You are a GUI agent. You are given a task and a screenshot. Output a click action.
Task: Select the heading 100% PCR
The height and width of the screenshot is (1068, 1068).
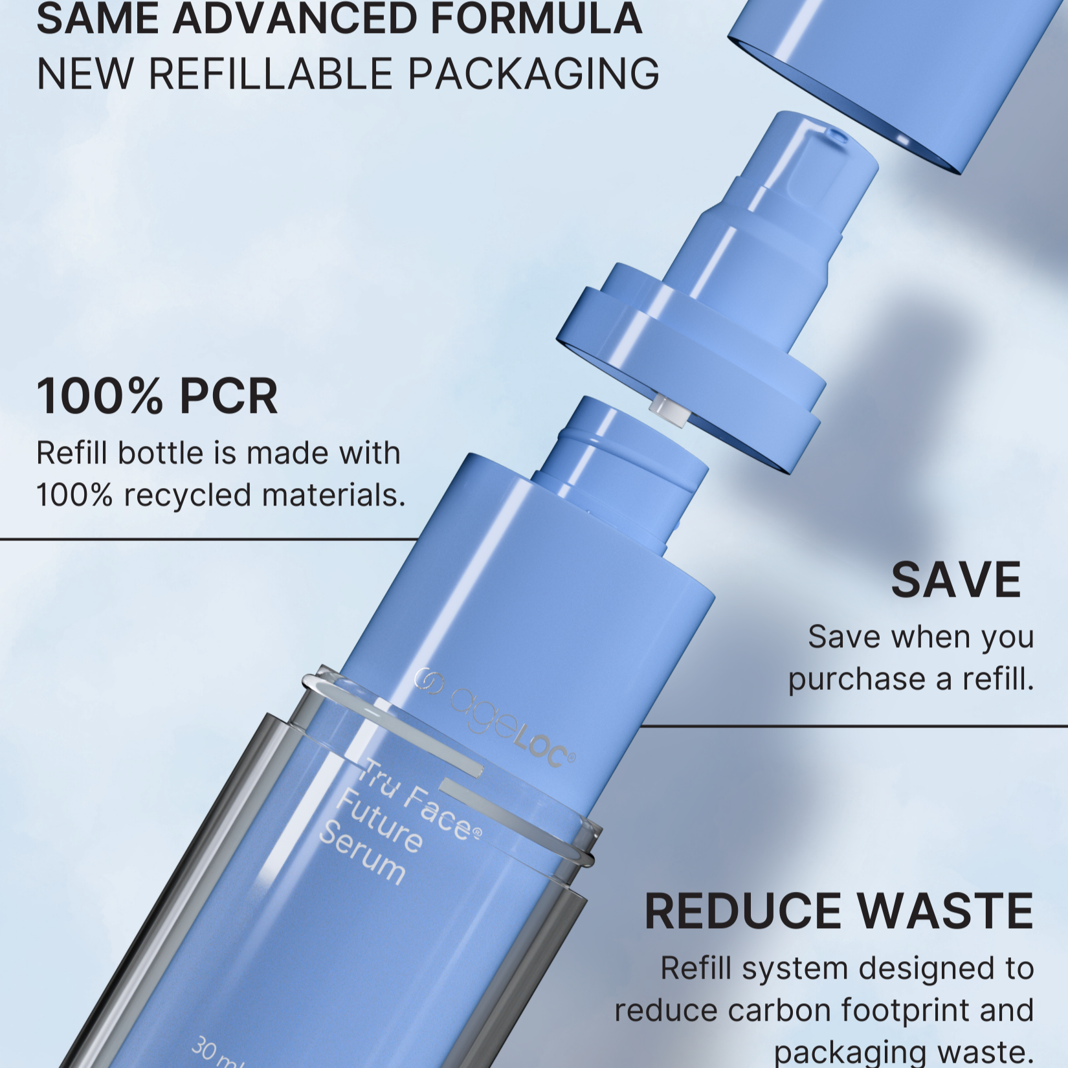coord(157,396)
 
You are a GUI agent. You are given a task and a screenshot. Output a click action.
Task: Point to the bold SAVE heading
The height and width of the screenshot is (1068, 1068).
coord(956,580)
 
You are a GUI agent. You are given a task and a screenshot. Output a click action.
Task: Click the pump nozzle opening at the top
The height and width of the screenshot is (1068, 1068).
coord(836,135)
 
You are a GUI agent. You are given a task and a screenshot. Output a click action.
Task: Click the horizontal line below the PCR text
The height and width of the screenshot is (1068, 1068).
coord(208,539)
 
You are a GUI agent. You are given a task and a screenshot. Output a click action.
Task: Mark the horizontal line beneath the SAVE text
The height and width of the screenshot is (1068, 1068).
coord(854,726)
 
